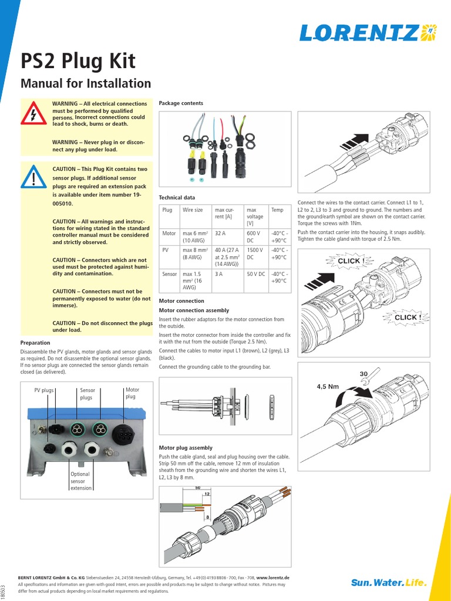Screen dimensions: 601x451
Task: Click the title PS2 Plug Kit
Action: click(78, 60)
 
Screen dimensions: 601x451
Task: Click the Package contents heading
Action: click(181, 103)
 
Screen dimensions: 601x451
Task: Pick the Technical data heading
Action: click(177, 198)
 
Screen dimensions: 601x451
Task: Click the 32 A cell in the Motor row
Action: click(220, 234)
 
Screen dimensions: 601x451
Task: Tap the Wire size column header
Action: click(193, 210)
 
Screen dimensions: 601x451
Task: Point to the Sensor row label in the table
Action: click(170, 274)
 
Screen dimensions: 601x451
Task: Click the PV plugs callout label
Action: click(44, 390)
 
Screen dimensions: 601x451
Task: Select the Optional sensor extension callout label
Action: click(80, 481)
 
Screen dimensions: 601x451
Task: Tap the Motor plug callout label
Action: click(132, 393)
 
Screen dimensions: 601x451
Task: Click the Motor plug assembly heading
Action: click(186, 447)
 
